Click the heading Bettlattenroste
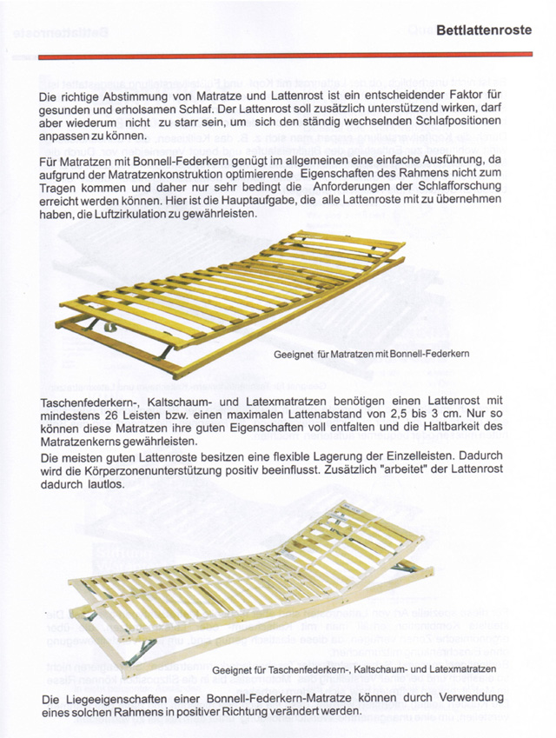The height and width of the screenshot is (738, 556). point(484,30)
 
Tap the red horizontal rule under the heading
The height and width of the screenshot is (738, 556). point(287,55)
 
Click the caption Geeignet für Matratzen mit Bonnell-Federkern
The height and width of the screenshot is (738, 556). point(371,356)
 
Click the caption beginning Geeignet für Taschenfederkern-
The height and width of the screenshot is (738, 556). point(353,670)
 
